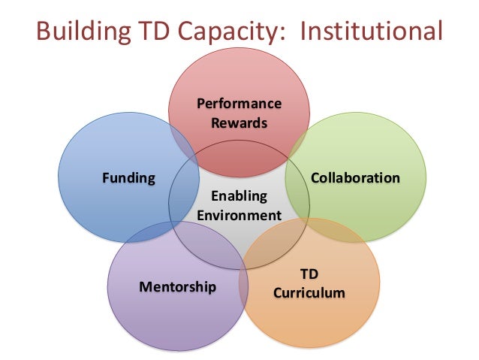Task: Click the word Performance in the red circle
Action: point(239,103)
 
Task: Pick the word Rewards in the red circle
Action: point(239,122)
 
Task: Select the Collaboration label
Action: point(355,178)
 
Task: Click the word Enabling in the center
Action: point(239,197)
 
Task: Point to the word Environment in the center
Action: point(239,216)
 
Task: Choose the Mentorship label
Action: point(178,286)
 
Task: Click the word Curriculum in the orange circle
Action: point(309,292)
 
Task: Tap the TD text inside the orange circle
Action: point(309,274)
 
